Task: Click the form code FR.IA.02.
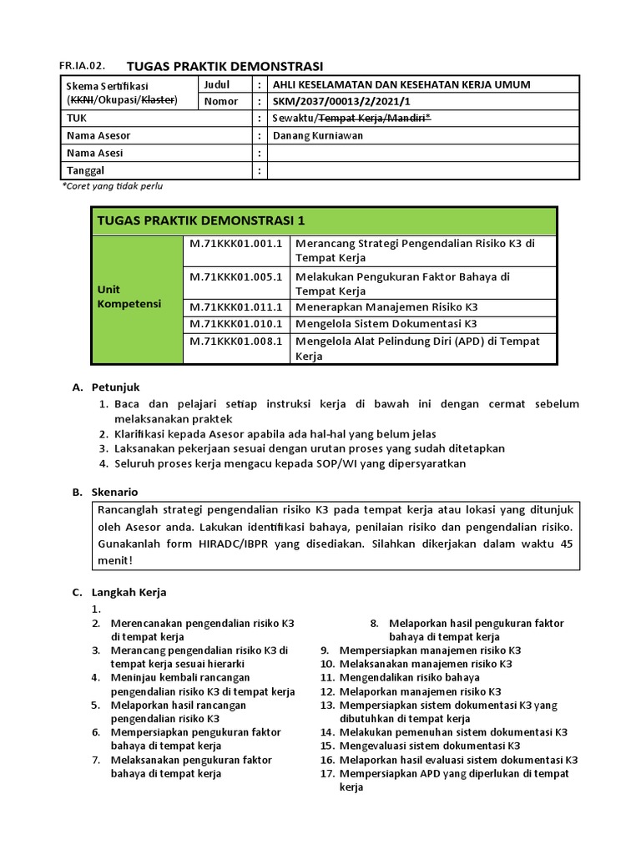[x=83, y=66]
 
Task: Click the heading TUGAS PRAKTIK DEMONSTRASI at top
[x=224, y=66]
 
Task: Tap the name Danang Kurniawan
[x=318, y=135]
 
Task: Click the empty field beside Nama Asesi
[x=422, y=153]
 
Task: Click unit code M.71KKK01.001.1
[x=235, y=243]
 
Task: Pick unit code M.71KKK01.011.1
[x=235, y=307]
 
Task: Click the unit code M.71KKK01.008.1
[x=235, y=341]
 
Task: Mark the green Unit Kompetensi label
[x=129, y=297]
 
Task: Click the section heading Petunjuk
[x=115, y=387]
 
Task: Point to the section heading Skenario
[x=114, y=493]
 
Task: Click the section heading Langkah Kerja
[x=129, y=592]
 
